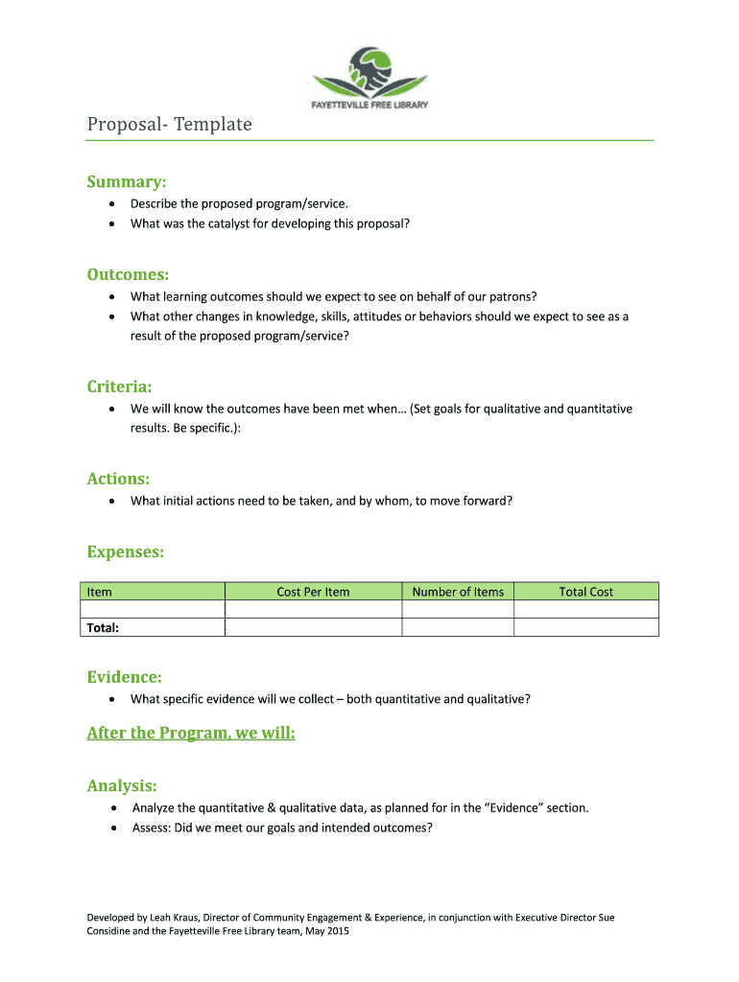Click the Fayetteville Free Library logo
pyautogui.click(x=369, y=79)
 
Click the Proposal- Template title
pyautogui.click(x=169, y=125)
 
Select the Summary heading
pyautogui.click(x=127, y=181)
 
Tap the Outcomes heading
pyautogui.click(x=129, y=274)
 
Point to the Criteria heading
pyautogui.click(x=119, y=386)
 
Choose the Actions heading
pyautogui.click(x=118, y=479)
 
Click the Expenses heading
pyautogui.click(x=125, y=552)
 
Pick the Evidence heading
pyautogui.click(x=124, y=677)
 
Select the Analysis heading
pyautogui.click(x=122, y=786)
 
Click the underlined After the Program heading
pyautogui.click(x=191, y=734)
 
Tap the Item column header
pyautogui.click(x=100, y=592)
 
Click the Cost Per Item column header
pyautogui.click(x=313, y=592)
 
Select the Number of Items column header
pyautogui.click(x=458, y=592)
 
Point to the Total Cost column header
pyautogui.click(x=585, y=592)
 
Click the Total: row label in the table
pyautogui.click(x=103, y=627)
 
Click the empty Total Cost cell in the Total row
pyautogui.click(x=585, y=627)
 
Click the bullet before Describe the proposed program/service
pyautogui.click(x=113, y=203)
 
